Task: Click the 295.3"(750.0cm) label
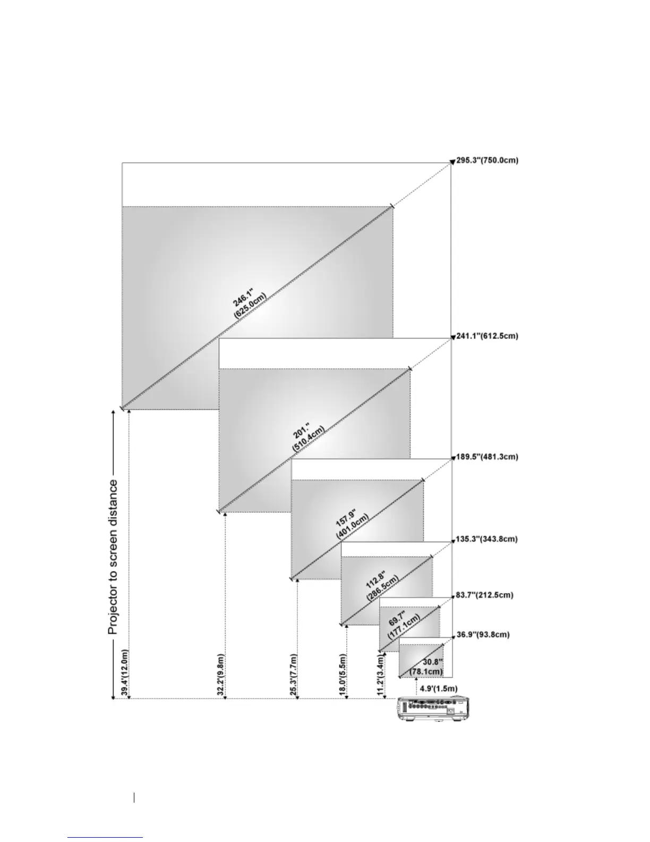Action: (487, 160)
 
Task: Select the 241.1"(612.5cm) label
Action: (487, 336)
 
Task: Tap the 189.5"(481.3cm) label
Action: (487, 457)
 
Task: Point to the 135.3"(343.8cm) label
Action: (486, 539)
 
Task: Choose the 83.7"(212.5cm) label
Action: (484, 595)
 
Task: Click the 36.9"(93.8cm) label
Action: (483, 635)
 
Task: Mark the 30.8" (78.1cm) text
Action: (426, 667)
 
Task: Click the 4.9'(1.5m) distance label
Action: (438, 688)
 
